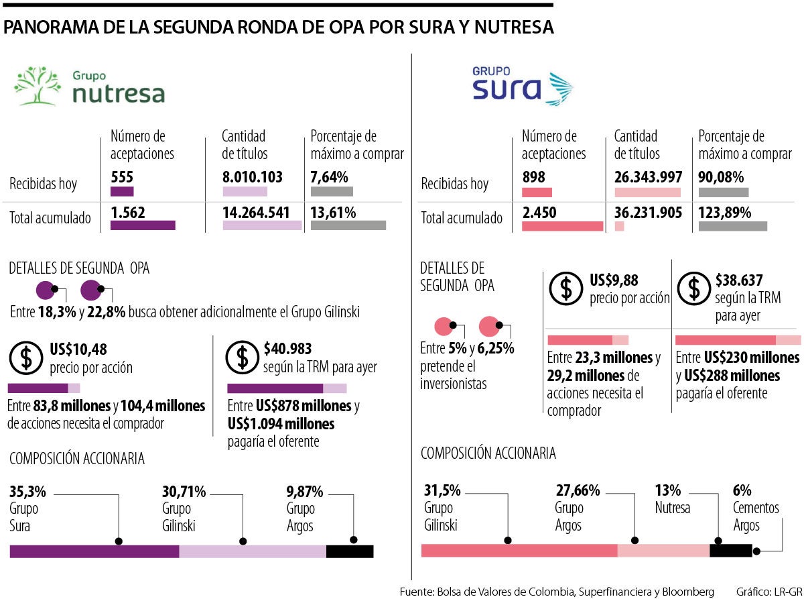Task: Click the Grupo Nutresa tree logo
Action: (x=38, y=86)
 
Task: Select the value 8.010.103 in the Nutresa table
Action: (x=252, y=178)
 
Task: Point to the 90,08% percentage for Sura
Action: (x=724, y=178)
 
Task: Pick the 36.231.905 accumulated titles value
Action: (x=648, y=213)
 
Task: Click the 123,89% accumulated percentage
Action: (x=725, y=213)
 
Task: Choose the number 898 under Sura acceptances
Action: (x=533, y=178)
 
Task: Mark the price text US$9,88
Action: (x=614, y=280)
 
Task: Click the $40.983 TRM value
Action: (x=287, y=349)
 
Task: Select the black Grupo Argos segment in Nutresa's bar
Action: (x=349, y=551)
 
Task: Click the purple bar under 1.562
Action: (x=142, y=225)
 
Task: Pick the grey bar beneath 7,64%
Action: (x=332, y=191)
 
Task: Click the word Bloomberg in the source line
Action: (x=689, y=592)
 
